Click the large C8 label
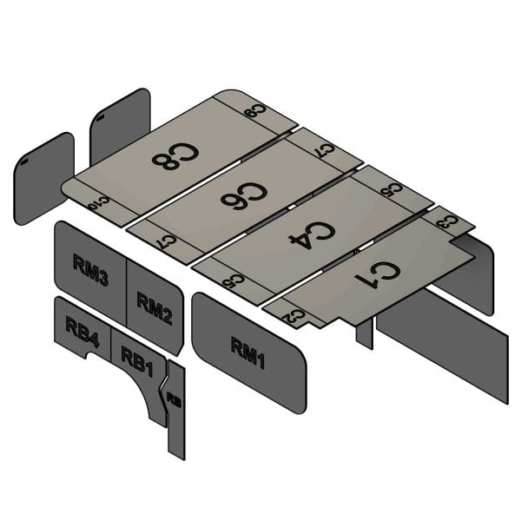175,155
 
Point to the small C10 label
98,202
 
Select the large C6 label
243,197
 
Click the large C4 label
311,233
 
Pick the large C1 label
379,275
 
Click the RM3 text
90,273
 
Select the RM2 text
155,307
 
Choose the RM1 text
248,353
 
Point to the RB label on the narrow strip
175,400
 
